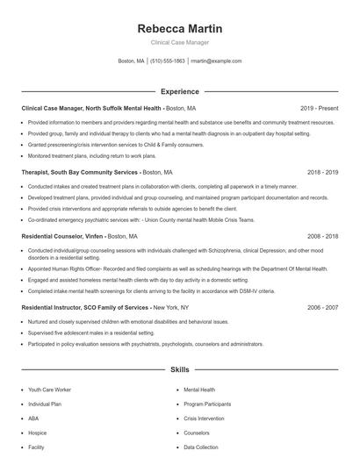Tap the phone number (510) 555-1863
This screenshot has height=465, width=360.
[168, 61]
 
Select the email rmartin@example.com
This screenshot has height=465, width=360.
[216, 61]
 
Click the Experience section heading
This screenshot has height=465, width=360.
[179, 91]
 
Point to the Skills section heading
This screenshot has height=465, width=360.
[179, 370]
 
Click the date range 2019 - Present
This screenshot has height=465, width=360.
[319, 108]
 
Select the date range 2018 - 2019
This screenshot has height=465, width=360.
[322, 173]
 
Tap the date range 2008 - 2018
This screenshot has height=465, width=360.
[322, 237]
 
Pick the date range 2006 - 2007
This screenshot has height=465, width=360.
[322, 308]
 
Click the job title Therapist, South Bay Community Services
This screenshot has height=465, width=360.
[80, 173]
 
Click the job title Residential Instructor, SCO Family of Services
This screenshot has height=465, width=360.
[85, 308]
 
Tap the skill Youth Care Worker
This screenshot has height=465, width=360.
[50, 389]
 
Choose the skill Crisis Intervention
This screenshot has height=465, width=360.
[204, 418]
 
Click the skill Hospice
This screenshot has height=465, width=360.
[38, 433]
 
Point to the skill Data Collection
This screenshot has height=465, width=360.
[200, 447]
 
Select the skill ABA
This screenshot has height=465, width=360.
[33, 418]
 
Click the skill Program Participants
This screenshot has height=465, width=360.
[207, 404]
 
